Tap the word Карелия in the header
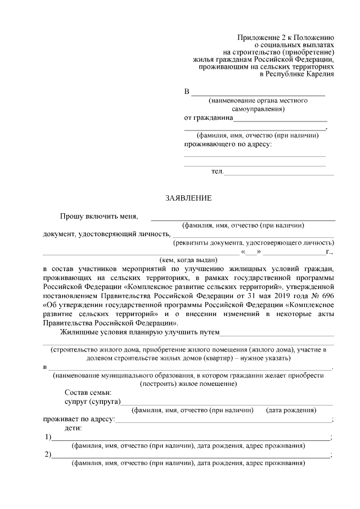point(318,73)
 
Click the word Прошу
point(71,216)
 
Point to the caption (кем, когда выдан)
point(186,260)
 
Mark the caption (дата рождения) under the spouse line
point(291,410)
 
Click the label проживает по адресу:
point(79,419)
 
